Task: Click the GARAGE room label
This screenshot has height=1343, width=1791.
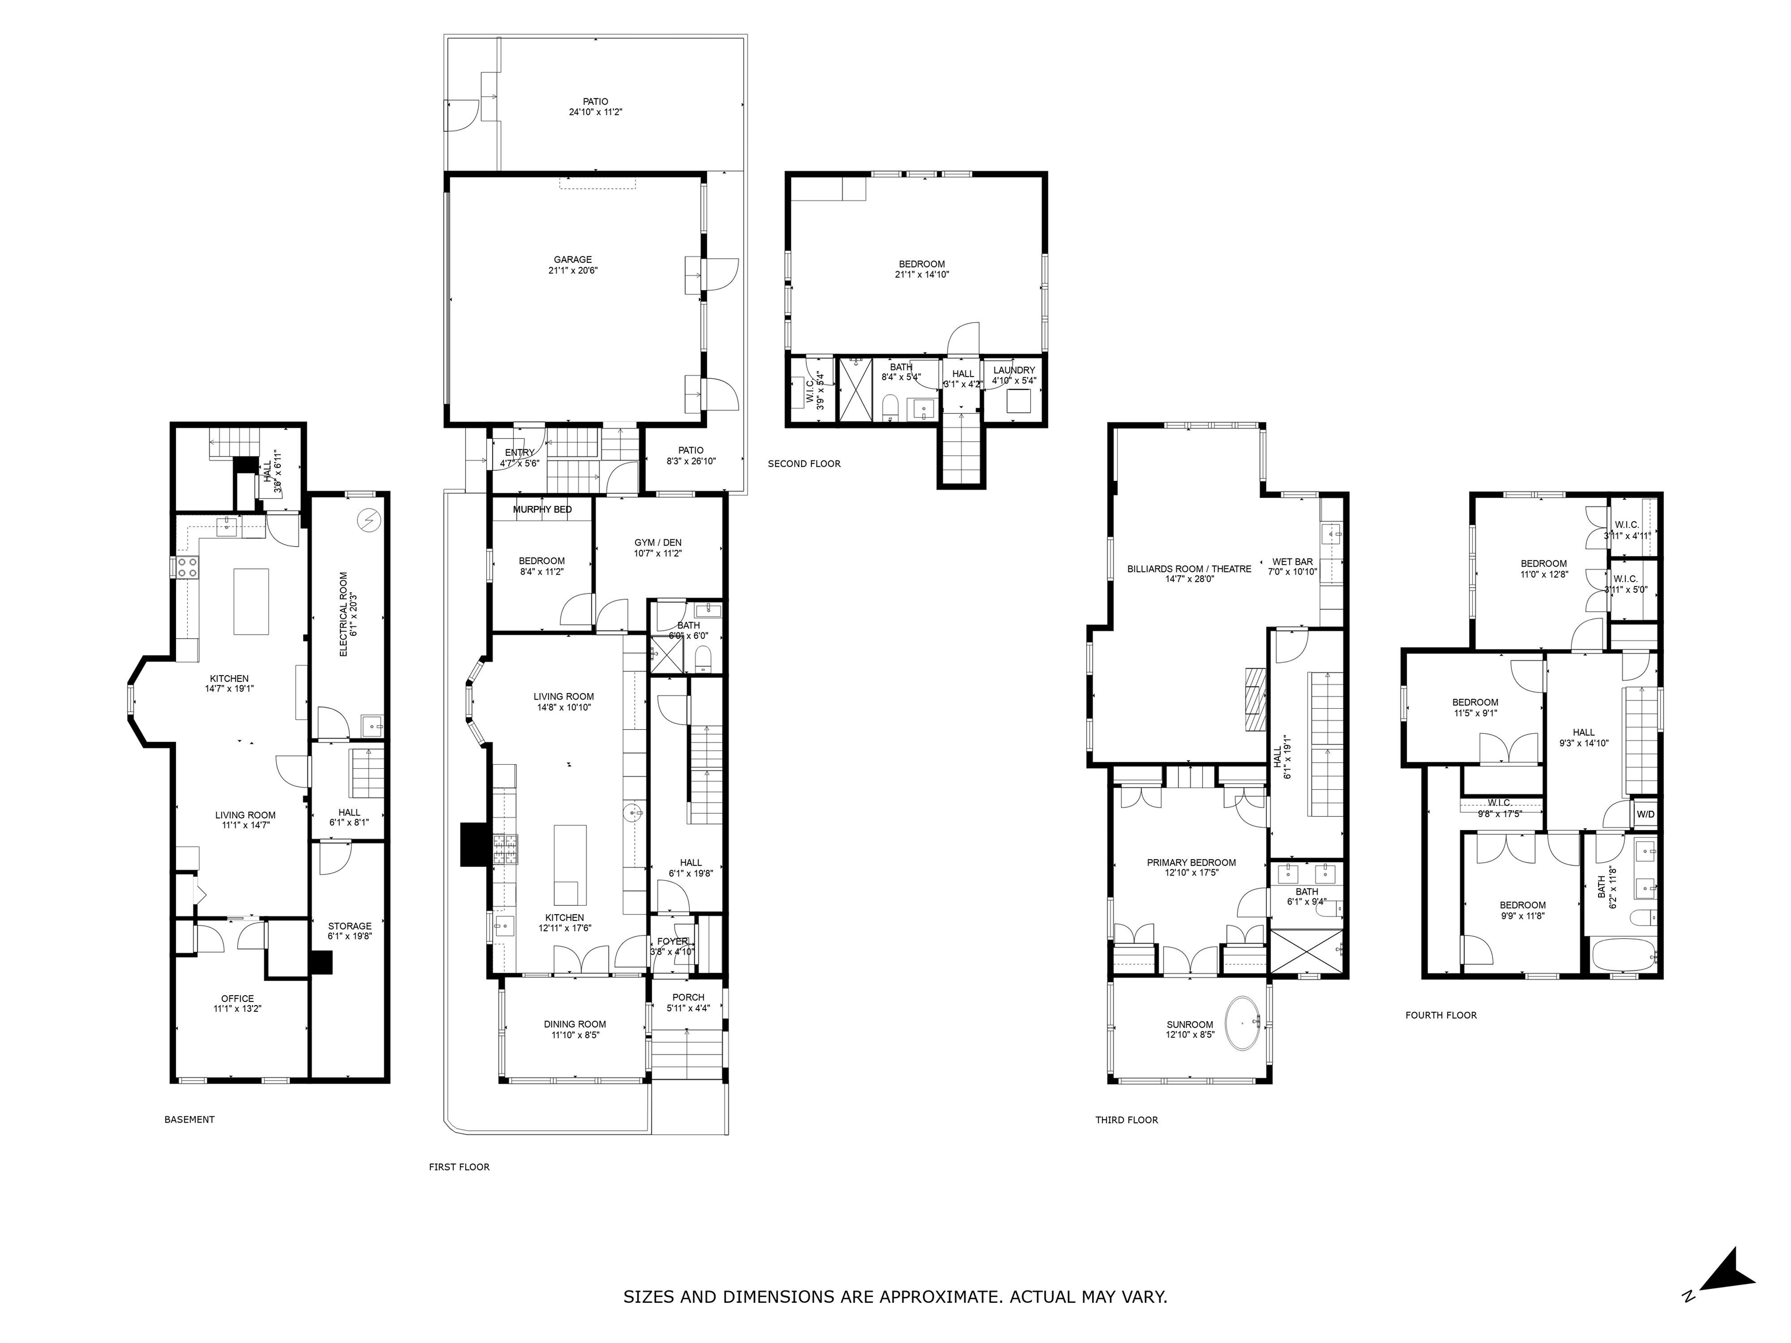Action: (573, 260)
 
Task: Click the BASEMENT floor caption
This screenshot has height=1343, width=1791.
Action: (189, 1120)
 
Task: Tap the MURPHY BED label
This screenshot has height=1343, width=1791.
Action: (542, 509)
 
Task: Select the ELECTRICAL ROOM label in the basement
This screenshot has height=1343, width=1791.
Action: (343, 614)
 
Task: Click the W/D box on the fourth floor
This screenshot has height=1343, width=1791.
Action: (1645, 814)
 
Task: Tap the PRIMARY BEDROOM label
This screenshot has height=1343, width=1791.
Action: (1191, 862)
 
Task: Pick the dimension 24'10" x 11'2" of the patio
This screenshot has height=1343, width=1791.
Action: (595, 112)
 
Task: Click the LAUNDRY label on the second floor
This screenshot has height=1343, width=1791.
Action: (1014, 370)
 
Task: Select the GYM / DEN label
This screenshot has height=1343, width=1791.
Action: (658, 542)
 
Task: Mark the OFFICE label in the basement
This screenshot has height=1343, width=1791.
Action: (237, 998)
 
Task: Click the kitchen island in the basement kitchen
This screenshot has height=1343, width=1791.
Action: (251, 602)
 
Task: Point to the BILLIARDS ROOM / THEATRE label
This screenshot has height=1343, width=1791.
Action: (1189, 568)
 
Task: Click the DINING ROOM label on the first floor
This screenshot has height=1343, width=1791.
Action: (575, 1024)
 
